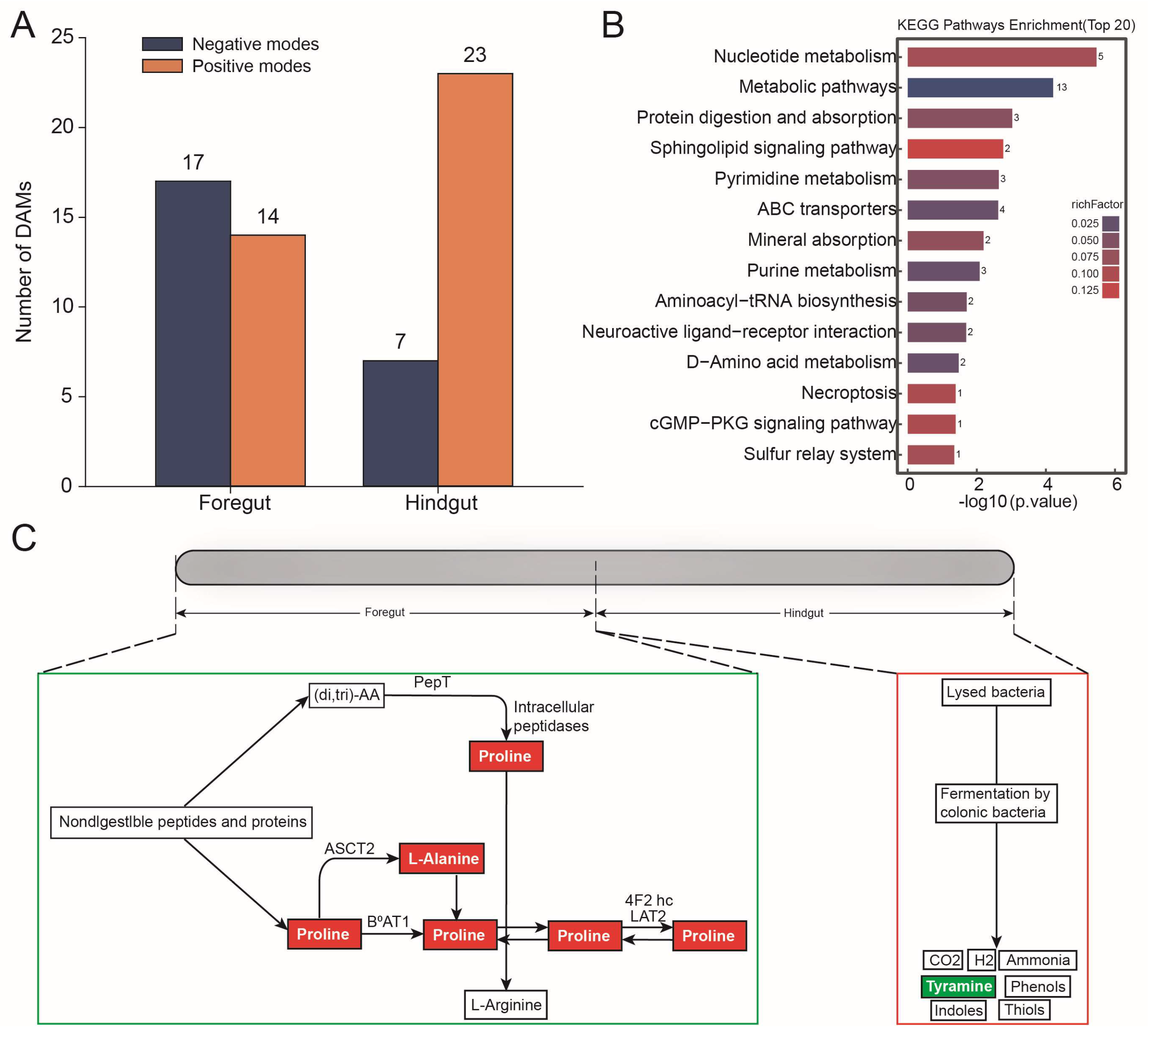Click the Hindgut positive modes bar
pos(475,280)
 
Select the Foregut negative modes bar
pos(193,334)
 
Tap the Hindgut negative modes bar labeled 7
pos(400,423)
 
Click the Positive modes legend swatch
pos(163,66)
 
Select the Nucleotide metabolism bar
pos(1002,57)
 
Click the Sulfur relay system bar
pos(931,454)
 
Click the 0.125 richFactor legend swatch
pos(1110,290)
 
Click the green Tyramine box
pos(959,986)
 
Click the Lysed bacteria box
pos(996,692)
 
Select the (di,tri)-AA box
pos(347,695)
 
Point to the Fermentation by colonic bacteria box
pos(996,803)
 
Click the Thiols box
pos(1024,1010)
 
